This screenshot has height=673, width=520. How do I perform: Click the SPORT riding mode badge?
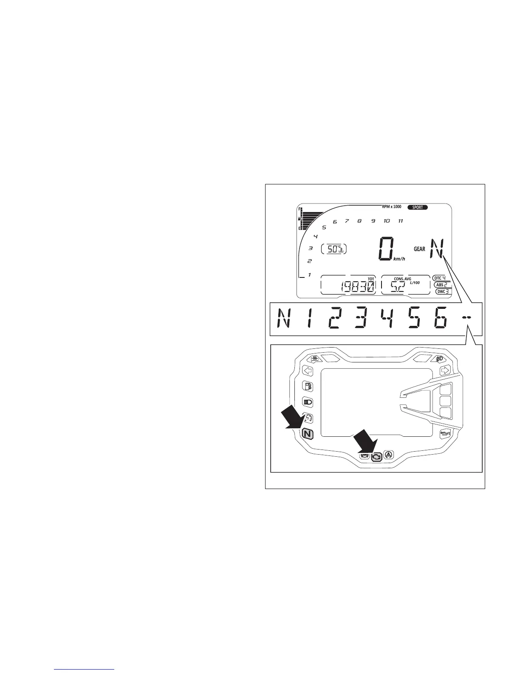[x=417, y=207]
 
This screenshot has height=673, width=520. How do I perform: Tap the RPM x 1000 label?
[x=391, y=207]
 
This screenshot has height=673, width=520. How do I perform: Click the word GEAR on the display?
[x=419, y=249]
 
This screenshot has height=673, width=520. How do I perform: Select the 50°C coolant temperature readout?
[x=334, y=249]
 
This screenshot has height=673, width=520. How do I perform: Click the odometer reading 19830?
[x=357, y=287]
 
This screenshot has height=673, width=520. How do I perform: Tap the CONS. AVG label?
[x=399, y=279]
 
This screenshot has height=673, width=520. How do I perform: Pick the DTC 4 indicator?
[x=440, y=278]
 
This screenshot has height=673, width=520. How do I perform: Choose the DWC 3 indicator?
[x=443, y=291]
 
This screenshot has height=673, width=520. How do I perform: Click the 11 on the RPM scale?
[x=400, y=221]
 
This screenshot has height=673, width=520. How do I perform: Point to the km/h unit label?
[x=398, y=259]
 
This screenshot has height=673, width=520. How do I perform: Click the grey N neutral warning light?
[x=307, y=434]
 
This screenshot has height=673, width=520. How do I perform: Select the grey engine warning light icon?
[x=376, y=457]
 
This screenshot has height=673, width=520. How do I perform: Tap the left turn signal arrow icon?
[x=307, y=370]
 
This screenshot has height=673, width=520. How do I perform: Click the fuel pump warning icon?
[x=307, y=386]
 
